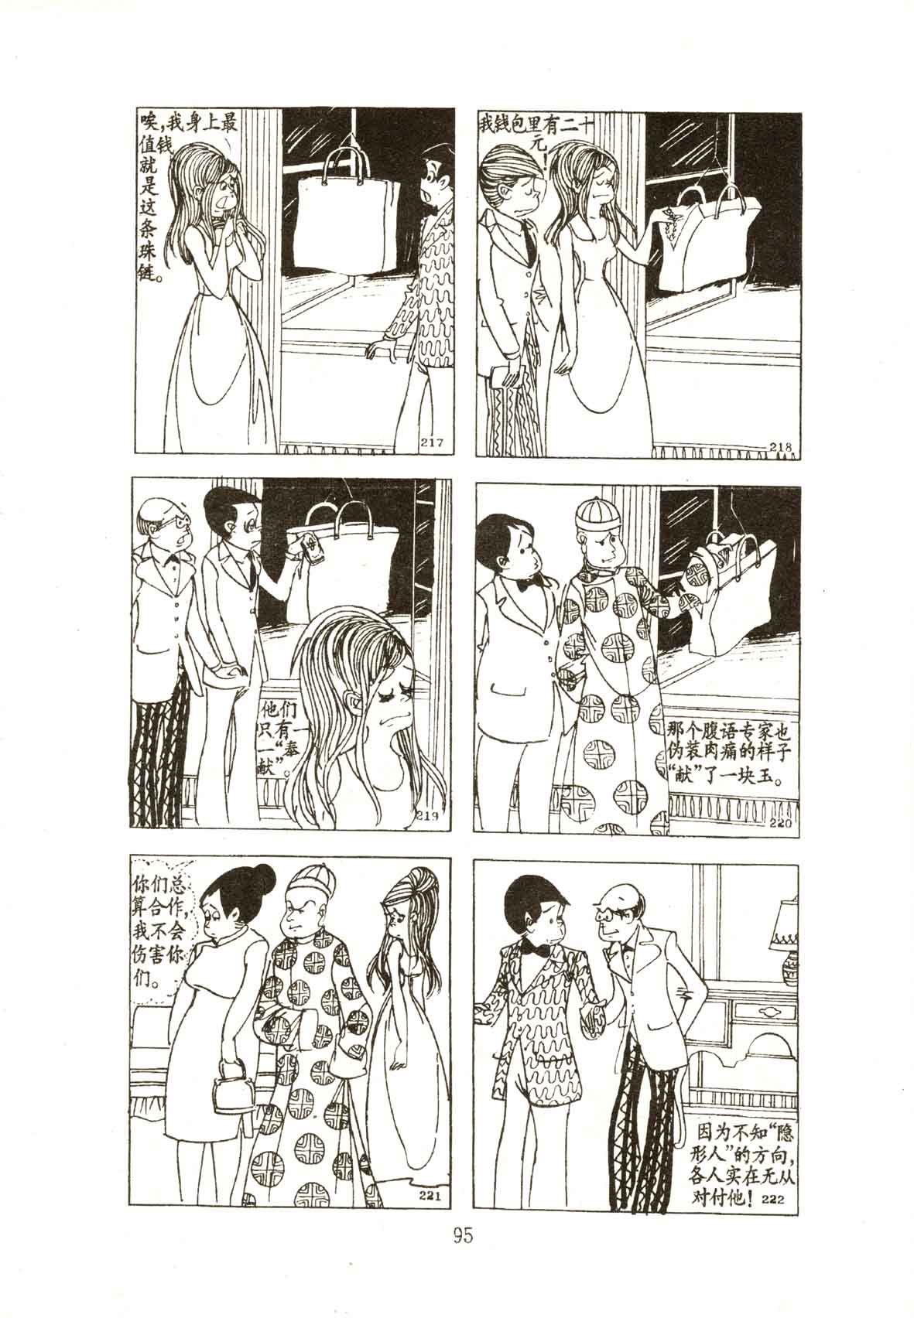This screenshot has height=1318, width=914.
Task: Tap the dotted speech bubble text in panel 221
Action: [156, 936]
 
